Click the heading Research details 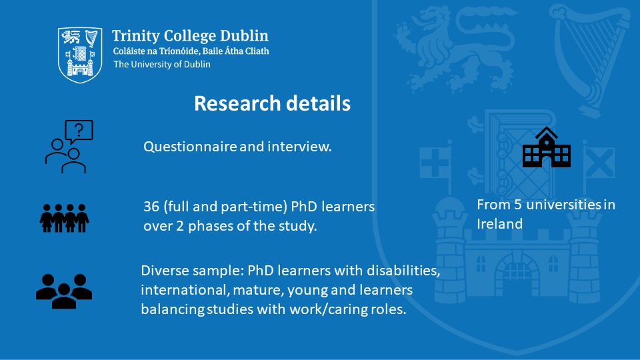[272, 103]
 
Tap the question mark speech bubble [79, 131]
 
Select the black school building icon [547, 147]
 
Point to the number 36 [151, 207]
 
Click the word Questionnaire [190, 147]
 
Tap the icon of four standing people [64, 218]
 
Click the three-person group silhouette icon [64, 291]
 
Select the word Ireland [499, 224]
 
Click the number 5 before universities [518, 205]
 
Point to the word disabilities [403, 271]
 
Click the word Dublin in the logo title [244, 36]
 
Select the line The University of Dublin [162, 64]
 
